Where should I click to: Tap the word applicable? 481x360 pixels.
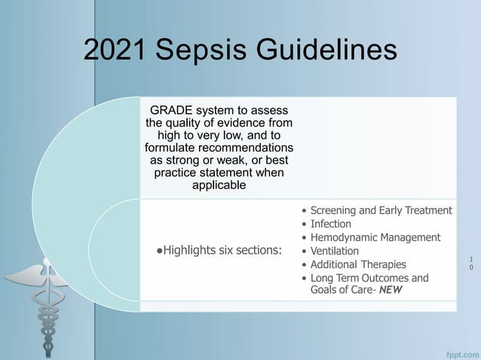click(219, 185)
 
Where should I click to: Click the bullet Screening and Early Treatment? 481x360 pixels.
click(381, 210)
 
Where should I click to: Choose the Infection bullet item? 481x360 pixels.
click(331, 224)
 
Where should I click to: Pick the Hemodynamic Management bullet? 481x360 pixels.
click(375, 237)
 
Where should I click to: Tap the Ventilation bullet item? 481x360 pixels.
click(335, 251)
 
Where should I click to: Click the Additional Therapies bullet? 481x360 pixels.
click(358, 264)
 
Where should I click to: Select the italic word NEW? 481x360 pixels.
click(391, 291)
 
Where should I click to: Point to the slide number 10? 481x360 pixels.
click(472, 263)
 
